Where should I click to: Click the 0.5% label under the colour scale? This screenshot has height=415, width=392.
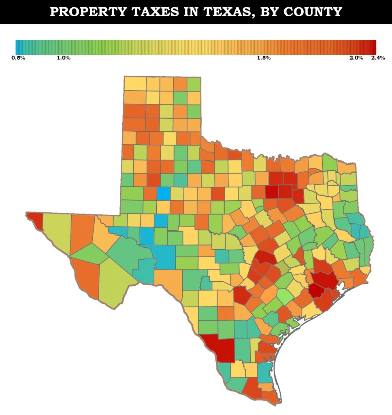click(18, 58)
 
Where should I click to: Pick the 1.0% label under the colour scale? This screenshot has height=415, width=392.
click(64, 58)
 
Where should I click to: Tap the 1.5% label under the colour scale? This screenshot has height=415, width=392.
click(264, 58)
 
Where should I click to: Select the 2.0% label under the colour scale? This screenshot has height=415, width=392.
click(356, 58)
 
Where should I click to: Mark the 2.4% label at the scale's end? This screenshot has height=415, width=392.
click(378, 58)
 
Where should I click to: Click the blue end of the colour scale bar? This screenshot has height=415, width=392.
click(17, 47)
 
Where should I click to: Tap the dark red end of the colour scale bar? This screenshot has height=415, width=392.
click(374, 47)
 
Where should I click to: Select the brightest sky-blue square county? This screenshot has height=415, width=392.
click(163, 193)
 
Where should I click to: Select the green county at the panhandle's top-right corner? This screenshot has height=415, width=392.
click(194, 84)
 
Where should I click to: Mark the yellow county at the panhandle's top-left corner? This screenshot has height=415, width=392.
click(134, 83)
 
